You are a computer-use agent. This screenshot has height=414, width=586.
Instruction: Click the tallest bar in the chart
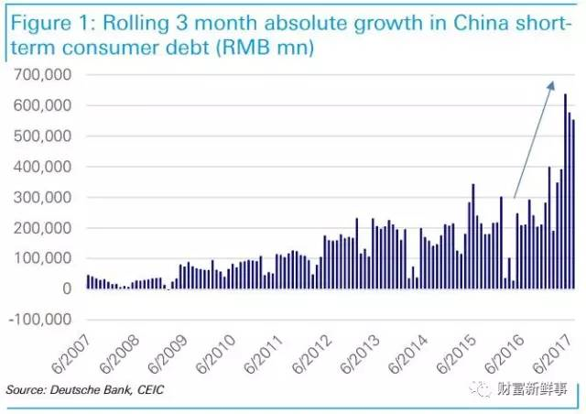point(565,191)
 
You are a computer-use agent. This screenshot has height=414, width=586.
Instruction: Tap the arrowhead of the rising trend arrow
point(550,86)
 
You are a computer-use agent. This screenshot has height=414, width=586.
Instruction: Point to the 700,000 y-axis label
point(42,74)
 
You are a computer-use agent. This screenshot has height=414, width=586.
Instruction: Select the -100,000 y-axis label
point(39,320)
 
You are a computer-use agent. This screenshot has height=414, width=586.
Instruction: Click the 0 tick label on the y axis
point(67,289)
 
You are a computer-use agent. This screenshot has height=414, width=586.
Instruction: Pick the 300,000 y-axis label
point(42,197)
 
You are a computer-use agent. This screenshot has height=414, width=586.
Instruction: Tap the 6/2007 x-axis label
point(71,354)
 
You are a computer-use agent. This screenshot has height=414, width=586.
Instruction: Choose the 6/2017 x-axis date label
point(552,354)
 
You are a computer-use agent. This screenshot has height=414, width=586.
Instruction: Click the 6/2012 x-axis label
point(311,354)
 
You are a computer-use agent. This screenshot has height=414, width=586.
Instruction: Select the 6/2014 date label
point(408,354)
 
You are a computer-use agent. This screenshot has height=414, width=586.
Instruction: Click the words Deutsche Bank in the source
point(91,389)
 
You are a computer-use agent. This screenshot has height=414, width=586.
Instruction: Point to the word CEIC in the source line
point(150,389)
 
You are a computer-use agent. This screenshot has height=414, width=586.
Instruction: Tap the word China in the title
point(481,23)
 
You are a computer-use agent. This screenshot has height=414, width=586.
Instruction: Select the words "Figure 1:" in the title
point(53,23)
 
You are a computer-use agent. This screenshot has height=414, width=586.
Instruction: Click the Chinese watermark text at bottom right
point(533,389)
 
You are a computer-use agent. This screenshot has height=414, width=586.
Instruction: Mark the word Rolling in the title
point(136,23)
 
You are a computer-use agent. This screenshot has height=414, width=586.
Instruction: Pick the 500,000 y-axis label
point(42,136)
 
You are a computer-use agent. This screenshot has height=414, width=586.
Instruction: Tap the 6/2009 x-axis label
point(167,354)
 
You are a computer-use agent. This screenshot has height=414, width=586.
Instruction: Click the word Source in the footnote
point(25,389)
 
